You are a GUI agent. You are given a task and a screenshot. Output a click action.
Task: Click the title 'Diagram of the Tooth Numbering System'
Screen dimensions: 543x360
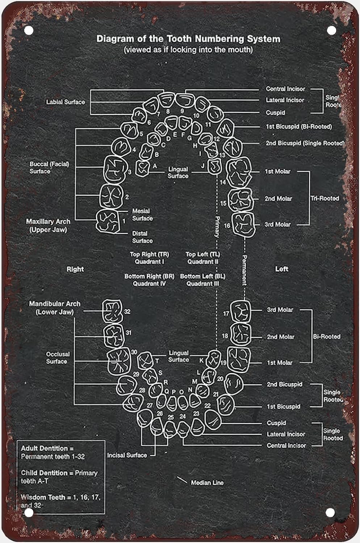[188, 39]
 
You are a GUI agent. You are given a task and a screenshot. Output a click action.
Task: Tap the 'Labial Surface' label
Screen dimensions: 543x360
[65, 102]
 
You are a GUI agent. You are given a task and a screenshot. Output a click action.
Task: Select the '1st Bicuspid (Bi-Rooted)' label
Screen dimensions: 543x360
[299, 127]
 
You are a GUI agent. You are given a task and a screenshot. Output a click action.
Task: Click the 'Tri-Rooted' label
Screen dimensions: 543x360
[325, 198]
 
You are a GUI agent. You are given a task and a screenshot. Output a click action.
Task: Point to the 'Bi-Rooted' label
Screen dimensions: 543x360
[326, 336]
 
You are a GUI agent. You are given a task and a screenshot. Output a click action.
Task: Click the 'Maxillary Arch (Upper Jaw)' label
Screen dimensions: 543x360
[48, 225]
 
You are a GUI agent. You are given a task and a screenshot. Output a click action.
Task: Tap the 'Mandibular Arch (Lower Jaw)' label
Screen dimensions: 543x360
[55, 308]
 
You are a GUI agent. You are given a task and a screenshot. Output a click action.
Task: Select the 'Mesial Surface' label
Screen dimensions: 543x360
[142, 215]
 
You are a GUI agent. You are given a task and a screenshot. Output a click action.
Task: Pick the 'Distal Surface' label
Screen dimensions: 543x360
[142, 237]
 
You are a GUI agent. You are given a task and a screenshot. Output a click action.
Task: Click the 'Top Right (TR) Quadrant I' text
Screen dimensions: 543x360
[149, 258]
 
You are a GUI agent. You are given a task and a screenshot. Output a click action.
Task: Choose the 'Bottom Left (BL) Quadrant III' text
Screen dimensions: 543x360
[202, 280]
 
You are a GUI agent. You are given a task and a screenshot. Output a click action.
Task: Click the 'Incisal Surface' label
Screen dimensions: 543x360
[127, 455]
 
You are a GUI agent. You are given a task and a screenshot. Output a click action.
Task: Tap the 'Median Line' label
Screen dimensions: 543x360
[207, 483]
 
